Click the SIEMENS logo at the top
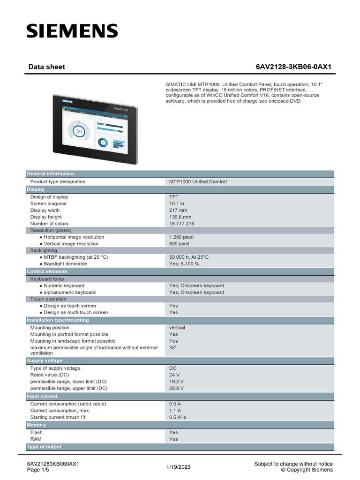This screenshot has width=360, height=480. click(x=72, y=31)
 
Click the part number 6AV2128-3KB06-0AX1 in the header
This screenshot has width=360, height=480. click(x=293, y=67)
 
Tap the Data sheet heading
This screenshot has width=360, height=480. click(x=46, y=67)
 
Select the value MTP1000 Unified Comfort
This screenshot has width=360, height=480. click(x=198, y=181)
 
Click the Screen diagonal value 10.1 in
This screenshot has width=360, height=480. click(x=177, y=203)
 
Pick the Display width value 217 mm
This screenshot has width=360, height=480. click(x=178, y=210)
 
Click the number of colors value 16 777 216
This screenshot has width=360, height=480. click(x=181, y=224)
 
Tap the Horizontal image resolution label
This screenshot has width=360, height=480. click(x=74, y=237)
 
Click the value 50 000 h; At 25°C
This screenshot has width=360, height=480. click(x=189, y=257)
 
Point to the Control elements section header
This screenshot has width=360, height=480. click(x=47, y=271)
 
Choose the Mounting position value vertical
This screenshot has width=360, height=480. click(x=177, y=328)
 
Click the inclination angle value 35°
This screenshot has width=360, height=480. click(x=172, y=348)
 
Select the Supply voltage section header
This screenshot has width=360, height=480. click(x=45, y=361)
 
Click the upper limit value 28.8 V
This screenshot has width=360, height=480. click(x=176, y=388)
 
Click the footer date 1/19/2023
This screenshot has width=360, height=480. click(x=179, y=467)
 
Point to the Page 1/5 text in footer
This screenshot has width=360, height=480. click(x=37, y=470)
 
